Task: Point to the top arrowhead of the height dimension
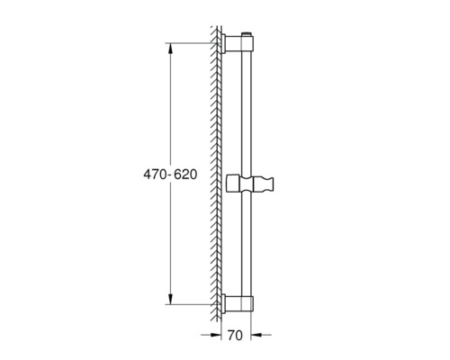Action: coord(169,48)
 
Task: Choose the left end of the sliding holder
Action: coord(233,184)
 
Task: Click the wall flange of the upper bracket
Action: coord(227,44)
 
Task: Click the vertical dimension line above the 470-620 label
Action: coord(169,108)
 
